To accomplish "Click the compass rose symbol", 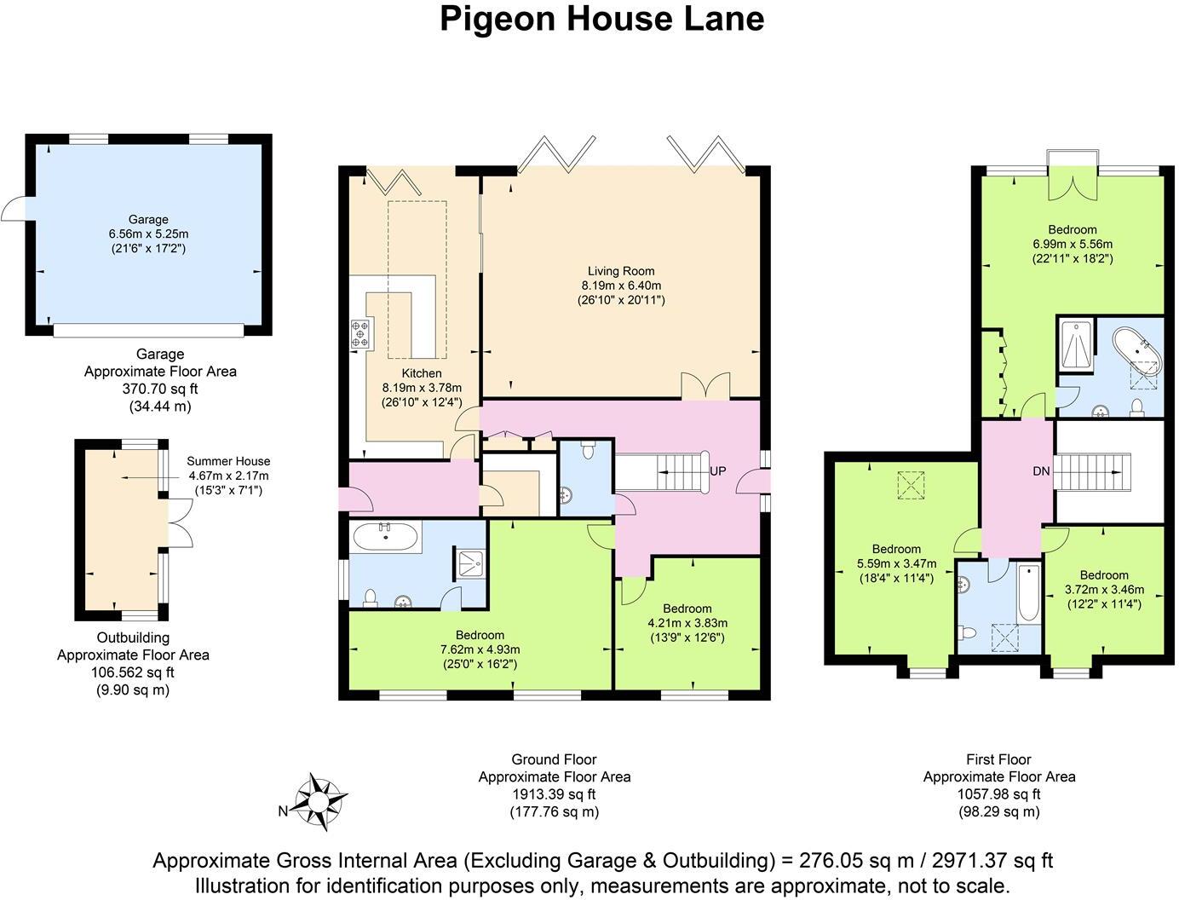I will coord(319,802).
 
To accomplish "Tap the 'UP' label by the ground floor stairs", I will coord(718,470).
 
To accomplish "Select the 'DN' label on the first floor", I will coord(1041,470).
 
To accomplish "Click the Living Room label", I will coord(621,271).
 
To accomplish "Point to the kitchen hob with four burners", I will coord(361,332).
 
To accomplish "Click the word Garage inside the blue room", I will coord(148,219).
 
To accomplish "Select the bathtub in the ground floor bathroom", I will coord(386,537).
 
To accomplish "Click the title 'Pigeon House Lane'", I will coord(601,19).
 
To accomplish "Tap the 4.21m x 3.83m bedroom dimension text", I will coord(687,623).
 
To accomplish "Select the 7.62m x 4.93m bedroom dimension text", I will coord(480,649).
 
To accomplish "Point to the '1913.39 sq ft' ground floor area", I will coord(554,794).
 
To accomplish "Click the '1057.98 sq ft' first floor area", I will coord(998,794).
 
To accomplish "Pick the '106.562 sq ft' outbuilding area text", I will coord(133,672).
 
